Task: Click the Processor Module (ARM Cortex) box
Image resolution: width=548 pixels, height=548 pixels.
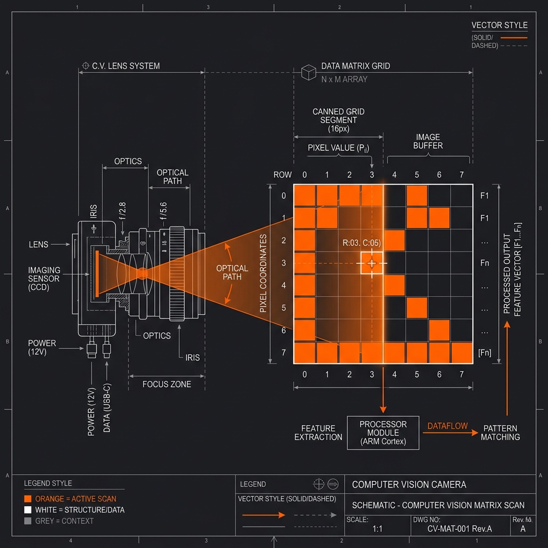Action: pos(383,432)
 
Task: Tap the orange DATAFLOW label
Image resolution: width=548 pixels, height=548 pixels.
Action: pos(447,426)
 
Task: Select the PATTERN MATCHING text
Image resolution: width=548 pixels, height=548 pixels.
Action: pos(500,432)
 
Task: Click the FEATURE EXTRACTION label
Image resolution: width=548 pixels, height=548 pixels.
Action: pos(318,432)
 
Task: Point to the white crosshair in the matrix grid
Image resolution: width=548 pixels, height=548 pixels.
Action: pos(372,263)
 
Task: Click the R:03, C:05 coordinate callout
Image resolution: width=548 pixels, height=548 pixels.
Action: pos(361,243)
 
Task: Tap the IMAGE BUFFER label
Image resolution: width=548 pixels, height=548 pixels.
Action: pos(428,141)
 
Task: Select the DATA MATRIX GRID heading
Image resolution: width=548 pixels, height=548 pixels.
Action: pos(355,66)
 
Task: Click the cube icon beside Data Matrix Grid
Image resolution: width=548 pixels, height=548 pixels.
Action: pos(309,72)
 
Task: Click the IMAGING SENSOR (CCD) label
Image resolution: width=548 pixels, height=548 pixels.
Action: pos(44,278)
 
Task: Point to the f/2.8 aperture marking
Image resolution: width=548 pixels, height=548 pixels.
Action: pos(123,211)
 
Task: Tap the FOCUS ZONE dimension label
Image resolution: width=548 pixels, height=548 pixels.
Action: pos(167,384)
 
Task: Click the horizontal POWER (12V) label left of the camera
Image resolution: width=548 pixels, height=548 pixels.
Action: pos(42,347)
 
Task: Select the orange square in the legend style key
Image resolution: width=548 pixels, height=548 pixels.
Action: pos(28,499)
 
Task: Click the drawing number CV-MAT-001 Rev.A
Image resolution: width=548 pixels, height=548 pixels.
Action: pos(459,529)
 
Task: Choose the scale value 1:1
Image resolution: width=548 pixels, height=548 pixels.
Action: pos(377,529)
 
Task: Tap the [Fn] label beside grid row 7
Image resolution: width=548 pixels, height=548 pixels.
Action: pos(484,353)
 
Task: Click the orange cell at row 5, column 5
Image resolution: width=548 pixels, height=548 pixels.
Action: pos(416,308)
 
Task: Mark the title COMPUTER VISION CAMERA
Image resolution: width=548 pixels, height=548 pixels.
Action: pos(409,484)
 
